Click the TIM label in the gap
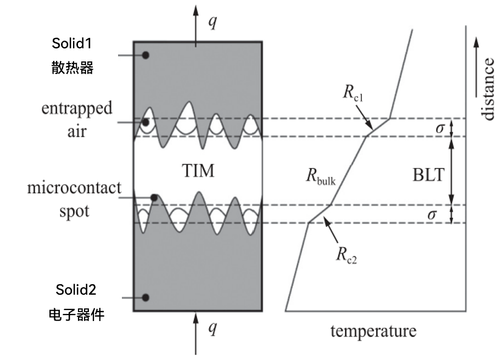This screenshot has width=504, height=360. pyautogui.click(x=198, y=171)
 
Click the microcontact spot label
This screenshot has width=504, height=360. pyautogui.click(x=74, y=199)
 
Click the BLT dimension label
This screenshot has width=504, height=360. pyautogui.click(x=429, y=175)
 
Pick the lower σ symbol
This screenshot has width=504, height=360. pyautogui.click(x=432, y=214)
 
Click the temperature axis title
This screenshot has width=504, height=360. pyautogui.click(x=373, y=331)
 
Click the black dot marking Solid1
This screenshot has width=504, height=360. pyautogui.click(x=145, y=55)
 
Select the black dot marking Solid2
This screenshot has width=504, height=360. pyautogui.click(x=145, y=297)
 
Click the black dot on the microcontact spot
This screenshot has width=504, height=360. pyautogui.click(x=155, y=198)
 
